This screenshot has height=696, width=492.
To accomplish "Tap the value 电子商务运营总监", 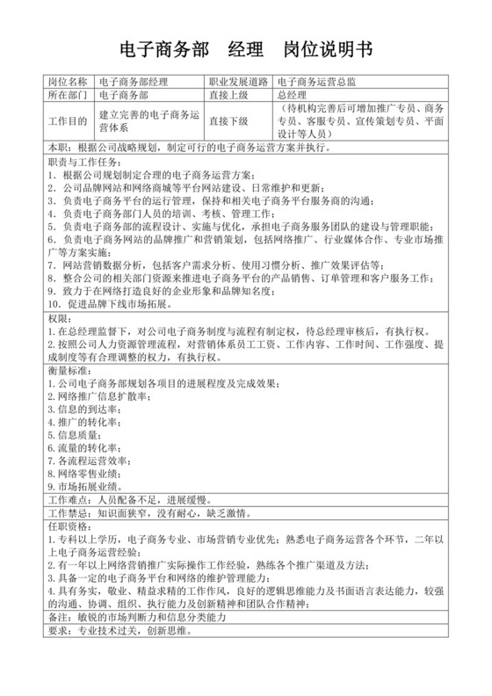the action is point(315,82).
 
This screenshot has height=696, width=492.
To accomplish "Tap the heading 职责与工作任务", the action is point(87,163).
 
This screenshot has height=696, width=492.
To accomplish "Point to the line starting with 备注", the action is point(135,619).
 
